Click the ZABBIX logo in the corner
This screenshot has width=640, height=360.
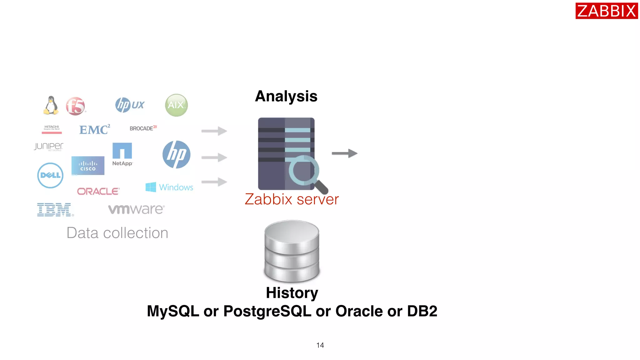pos(606,11)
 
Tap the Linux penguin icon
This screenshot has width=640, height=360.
pos(51,105)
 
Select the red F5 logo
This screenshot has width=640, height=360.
pos(75,106)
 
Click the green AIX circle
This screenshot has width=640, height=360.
pos(176,105)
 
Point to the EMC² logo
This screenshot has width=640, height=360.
pos(94,129)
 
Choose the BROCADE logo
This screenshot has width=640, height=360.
pos(143,128)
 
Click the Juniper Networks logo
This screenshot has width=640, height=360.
pos(49,147)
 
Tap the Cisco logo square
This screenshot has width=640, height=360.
pos(88,166)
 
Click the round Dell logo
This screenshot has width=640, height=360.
pos(50,175)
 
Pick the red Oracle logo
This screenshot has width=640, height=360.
pos(98,191)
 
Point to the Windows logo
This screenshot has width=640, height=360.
pos(169,187)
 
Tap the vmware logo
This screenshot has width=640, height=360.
pos(136,209)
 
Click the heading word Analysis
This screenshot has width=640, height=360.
pos(286,96)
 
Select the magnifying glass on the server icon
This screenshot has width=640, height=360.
pos(306,173)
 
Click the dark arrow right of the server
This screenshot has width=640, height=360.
pos(344,153)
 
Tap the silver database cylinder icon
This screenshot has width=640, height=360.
pos(292,251)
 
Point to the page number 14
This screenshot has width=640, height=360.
pos(320,345)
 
